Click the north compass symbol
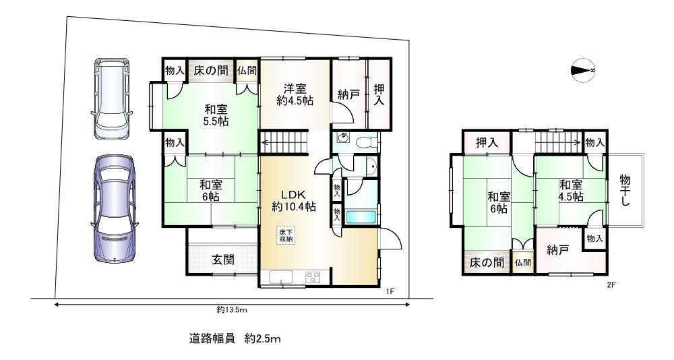coord(583,70)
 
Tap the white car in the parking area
coord(112,99)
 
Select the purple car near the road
coord(115,209)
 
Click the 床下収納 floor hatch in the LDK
coord(286,235)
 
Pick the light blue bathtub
coord(361,217)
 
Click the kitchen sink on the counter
coord(281,278)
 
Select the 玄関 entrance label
coord(224,260)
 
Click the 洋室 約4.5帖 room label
coord(295,95)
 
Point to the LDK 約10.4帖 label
coord(294,200)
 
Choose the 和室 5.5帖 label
coord(216,115)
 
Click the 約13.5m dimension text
coord(232,309)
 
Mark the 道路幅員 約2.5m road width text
coord(235,339)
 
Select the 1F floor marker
coord(390,292)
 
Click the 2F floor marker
coord(611,284)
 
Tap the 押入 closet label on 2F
coord(487,142)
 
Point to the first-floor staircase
coord(285,143)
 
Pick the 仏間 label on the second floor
coord(523,262)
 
